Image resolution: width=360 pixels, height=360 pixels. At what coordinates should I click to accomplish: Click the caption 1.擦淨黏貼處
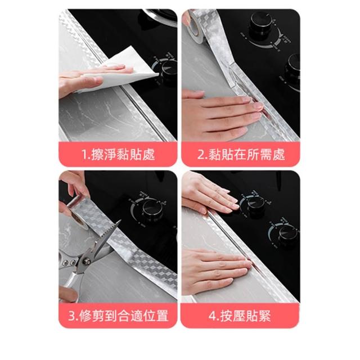118,154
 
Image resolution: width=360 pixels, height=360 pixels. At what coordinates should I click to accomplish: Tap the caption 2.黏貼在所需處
241,154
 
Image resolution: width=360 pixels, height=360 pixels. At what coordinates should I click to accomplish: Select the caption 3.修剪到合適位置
118,316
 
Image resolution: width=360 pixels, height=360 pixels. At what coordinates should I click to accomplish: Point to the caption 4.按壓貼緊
240,316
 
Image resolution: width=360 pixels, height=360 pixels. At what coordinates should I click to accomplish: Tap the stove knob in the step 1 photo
169,69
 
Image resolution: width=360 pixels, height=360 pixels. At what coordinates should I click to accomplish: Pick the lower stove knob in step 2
292,67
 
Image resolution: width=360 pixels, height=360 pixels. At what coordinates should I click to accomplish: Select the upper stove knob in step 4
255,203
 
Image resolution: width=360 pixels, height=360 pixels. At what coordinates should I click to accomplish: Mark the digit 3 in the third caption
71,316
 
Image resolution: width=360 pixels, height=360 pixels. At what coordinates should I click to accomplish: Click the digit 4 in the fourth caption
212,316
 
